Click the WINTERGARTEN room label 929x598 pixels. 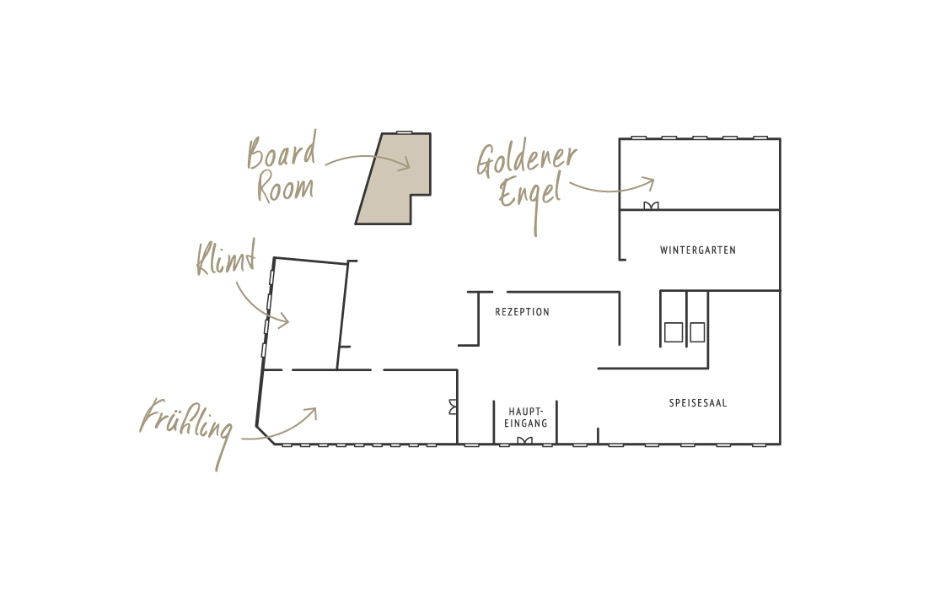point(698,251)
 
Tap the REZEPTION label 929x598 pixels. point(522,312)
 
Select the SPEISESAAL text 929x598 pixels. point(698,403)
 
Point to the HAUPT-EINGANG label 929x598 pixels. point(526,418)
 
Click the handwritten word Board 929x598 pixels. point(282,153)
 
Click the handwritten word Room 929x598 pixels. point(285,187)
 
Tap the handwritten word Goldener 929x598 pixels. point(527,160)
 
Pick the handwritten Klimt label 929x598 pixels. point(225,259)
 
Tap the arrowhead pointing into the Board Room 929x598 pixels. point(405,164)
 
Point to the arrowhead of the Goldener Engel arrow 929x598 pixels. point(649,181)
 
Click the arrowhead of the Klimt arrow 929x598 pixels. point(284,321)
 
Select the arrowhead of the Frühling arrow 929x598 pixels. point(311,412)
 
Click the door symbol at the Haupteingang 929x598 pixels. point(524,440)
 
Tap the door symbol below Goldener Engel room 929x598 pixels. point(651,206)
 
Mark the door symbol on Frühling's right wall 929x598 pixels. point(454,407)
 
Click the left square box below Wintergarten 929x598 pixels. point(673,332)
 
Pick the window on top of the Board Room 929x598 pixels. point(405,132)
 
